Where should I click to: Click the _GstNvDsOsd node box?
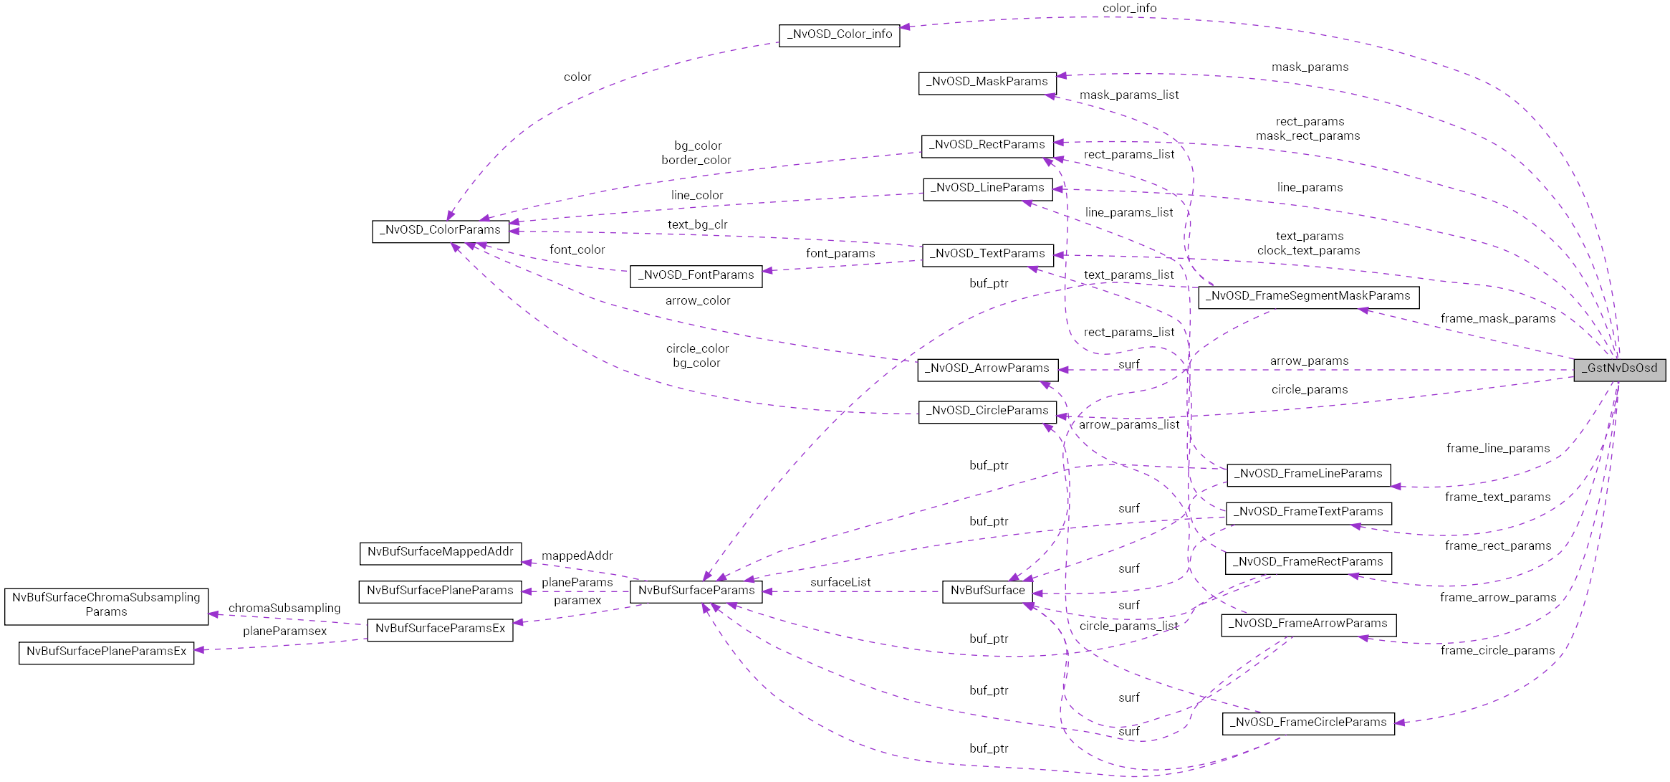point(1619,369)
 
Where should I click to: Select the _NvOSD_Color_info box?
point(839,35)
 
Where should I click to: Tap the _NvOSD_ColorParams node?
point(440,231)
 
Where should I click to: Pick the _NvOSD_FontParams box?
point(696,276)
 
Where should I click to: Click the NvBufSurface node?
point(987,591)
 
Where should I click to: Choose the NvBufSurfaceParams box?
point(696,591)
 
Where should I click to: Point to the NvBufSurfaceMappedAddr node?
point(440,553)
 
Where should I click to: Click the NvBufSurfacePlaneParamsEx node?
point(106,652)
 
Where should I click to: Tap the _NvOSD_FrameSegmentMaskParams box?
point(1307,297)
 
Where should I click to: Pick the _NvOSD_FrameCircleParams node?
point(1307,723)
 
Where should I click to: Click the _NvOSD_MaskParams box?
point(987,82)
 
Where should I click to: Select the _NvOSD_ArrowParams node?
point(987,369)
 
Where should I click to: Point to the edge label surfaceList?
point(840,583)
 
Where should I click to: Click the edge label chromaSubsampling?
point(284,609)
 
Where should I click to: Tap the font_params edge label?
point(840,254)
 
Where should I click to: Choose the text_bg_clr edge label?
point(697,225)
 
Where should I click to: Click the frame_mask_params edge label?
point(1498,319)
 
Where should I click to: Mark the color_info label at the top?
point(1129,9)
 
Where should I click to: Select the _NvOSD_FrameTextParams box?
point(1308,512)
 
